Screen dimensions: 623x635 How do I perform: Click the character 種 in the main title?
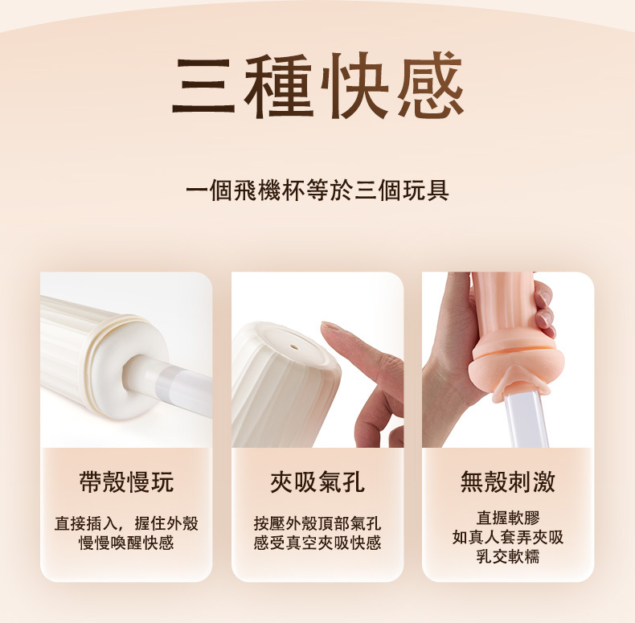coord(279,86)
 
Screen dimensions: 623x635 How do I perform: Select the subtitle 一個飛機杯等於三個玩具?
coord(317,191)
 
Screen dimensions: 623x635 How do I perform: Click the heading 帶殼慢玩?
coord(126,482)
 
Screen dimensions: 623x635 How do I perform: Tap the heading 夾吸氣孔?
coord(317,482)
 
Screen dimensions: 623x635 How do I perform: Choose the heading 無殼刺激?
coord(508,482)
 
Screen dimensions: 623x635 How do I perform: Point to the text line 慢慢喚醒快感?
coord(126,543)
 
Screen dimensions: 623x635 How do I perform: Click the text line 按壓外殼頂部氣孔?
coord(317,524)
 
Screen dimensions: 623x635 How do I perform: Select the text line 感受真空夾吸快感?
coord(317,543)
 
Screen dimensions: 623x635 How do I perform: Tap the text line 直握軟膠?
coord(508,517)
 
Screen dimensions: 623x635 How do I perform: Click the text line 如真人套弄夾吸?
coord(508,536)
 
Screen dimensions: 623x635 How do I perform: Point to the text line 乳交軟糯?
coord(508,555)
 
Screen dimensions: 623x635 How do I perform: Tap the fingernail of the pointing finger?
coord(331,330)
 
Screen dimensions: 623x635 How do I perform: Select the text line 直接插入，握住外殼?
coord(126,524)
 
